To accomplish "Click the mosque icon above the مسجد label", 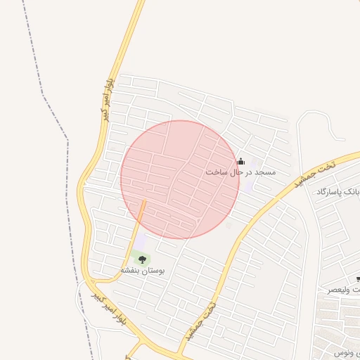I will (241, 162).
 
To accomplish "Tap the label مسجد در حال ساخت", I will (240, 172).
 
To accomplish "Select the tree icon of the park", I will (142, 260).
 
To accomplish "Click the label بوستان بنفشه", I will (142, 270).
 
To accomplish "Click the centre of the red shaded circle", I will (180, 179).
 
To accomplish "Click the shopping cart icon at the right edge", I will (358, 279).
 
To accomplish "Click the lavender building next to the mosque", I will (255, 163).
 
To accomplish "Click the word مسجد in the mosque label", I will (266, 172).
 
